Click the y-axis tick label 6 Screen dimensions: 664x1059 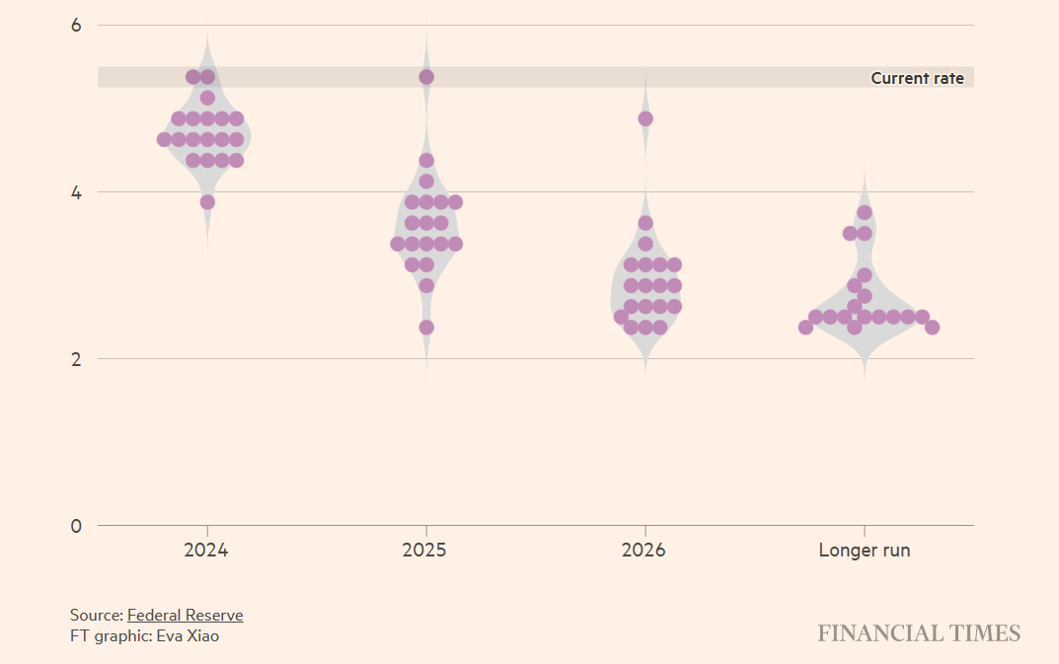point(76,25)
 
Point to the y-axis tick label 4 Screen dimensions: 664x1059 point(76,191)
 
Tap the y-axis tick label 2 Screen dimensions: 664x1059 point(76,358)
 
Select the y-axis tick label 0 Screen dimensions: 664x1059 point(76,525)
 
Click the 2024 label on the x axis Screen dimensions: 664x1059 point(205,551)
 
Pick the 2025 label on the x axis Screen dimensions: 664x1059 point(424,551)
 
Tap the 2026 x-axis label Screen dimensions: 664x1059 point(643,551)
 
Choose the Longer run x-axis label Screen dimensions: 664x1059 point(864,551)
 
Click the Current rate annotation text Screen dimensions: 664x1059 point(917,78)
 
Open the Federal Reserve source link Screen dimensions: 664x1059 point(185,615)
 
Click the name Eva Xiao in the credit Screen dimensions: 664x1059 point(187,636)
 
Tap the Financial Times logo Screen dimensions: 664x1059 point(918,633)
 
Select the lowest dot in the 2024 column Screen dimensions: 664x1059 point(207,202)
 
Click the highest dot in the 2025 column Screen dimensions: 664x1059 point(426,77)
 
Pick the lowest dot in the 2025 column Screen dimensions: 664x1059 point(426,328)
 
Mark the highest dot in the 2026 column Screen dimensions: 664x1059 point(645,118)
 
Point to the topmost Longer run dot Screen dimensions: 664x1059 point(865,212)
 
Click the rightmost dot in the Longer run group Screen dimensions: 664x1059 point(932,328)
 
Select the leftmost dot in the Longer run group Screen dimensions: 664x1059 point(805,328)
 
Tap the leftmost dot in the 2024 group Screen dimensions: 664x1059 point(164,139)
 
